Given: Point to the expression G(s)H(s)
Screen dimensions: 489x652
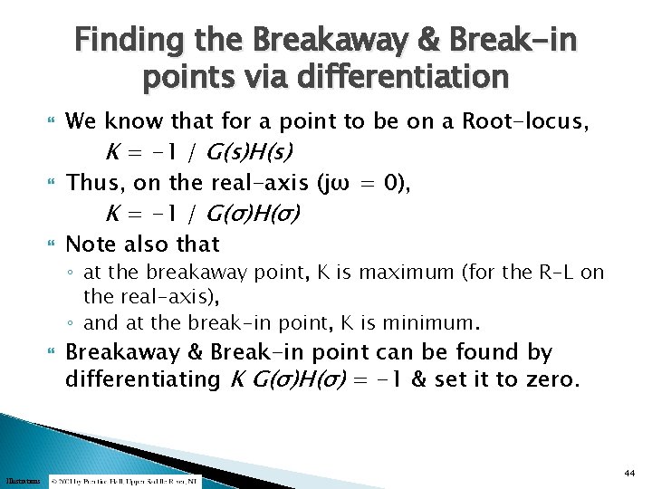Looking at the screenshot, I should [255, 150].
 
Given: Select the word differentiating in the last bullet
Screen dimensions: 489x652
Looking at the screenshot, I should [140, 379].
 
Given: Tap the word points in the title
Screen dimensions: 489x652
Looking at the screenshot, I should [182, 78].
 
